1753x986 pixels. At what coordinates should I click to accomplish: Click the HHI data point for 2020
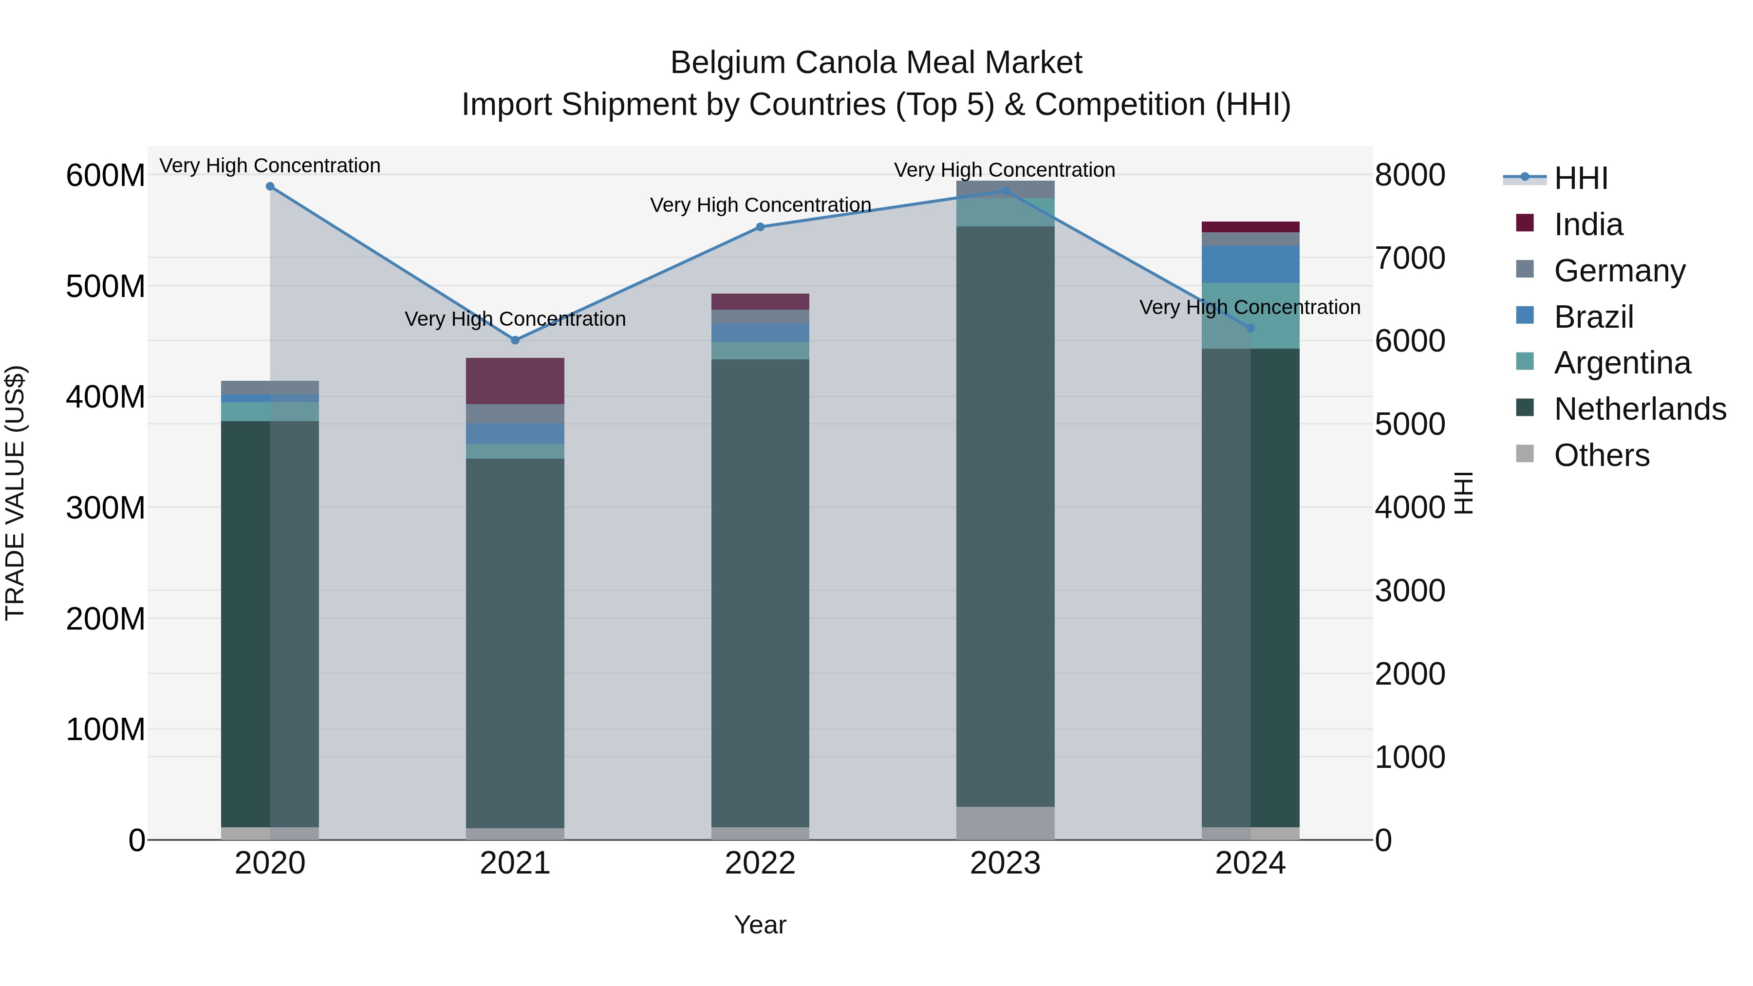coord(270,186)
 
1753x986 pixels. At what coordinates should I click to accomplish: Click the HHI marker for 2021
coord(515,340)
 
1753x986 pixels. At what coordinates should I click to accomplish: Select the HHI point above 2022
coord(760,227)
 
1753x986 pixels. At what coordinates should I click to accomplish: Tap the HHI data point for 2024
coord(1250,329)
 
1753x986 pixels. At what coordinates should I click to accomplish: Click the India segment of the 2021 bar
coord(515,381)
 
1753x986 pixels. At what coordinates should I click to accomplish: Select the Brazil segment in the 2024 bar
coord(1250,264)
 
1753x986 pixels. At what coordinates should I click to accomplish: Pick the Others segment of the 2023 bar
coord(1005,823)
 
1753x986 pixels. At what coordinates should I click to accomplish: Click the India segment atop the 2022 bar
coord(760,301)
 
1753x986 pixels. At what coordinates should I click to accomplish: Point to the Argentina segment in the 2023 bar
coord(1005,212)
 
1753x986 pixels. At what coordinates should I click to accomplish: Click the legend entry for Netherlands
coord(1640,409)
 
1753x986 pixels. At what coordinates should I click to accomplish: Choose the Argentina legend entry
coord(1622,363)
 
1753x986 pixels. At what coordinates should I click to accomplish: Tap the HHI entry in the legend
coord(1580,178)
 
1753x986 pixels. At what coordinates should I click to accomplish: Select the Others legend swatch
coord(1525,454)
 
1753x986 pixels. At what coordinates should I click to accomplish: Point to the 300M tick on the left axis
coord(106,508)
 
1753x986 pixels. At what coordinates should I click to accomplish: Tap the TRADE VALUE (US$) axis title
coord(16,493)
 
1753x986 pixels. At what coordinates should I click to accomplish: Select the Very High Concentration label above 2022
coord(760,205)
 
